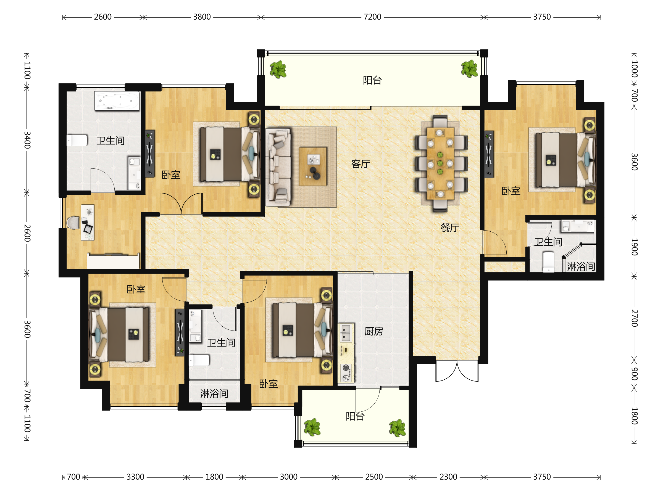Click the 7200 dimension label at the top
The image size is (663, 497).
[372, 17]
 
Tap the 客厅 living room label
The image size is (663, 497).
[361, 164]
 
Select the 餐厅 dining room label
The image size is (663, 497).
[449, 228]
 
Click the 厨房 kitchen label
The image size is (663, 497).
[374, 331]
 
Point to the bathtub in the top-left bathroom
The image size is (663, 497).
[117, 101]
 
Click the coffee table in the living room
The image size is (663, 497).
[313, 166]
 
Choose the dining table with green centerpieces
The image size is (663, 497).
[440, 163]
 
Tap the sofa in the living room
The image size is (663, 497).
[278, 167]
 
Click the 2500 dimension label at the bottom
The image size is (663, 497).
[374, 477]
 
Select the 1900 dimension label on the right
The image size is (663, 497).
[634, 247]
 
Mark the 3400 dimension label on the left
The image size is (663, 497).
[27, 140]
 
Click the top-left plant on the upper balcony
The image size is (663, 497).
[278, 70]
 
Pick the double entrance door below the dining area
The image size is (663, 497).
[457, 371]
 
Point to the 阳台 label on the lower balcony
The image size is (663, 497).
[355, 416]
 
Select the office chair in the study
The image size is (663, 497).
[73, 223]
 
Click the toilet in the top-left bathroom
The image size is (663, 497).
[77, 140]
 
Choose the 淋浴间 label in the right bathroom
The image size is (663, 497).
[581, 267]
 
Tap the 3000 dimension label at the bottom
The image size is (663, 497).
[289, 477]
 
